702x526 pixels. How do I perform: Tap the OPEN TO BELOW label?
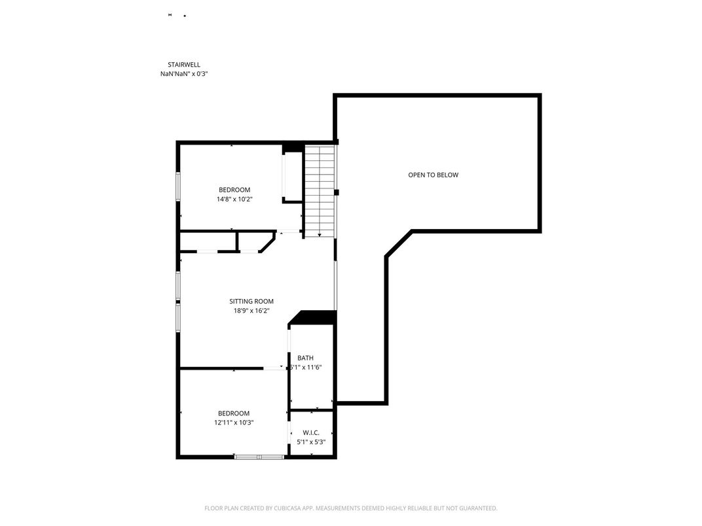(433, 175)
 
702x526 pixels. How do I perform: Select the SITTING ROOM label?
(251, 302)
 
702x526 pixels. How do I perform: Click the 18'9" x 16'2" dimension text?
(251, 311)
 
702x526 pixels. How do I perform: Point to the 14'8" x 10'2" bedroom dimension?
(234, 199)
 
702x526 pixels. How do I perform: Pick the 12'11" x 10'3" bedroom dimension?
(234, 423)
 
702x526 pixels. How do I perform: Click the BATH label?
(305, 358)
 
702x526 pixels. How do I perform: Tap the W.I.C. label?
(311, 432)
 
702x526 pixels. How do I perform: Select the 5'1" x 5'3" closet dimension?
(311, 442)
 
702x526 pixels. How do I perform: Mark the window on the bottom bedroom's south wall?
(259, 456)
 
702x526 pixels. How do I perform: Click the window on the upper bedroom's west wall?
(178, 185)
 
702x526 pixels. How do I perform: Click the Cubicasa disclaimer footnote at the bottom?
(351, 508)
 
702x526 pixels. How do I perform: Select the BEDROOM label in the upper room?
(234, 190)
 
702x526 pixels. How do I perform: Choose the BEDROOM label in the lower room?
(234, 413)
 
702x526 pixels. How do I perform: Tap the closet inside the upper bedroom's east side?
(292, 177)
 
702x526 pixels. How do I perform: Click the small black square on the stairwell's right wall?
(337, 192)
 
